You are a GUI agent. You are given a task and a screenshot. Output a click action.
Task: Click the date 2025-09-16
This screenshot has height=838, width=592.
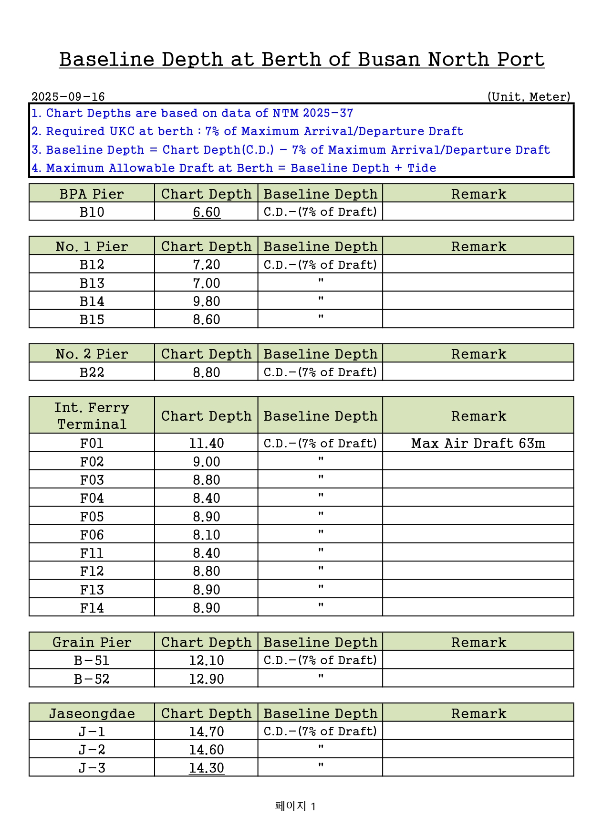[68, 97]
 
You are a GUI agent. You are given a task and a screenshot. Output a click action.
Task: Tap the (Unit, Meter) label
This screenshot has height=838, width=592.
[529, 97]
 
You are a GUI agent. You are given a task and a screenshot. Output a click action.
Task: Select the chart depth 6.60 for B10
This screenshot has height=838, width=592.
[207, 212]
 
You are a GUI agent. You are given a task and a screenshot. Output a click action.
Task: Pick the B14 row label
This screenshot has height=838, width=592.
[92, 301]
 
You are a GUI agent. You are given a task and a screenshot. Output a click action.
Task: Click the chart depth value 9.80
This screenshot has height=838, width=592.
[207, 301]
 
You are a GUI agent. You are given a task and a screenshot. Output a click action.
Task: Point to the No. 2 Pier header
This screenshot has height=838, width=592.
[92, 354]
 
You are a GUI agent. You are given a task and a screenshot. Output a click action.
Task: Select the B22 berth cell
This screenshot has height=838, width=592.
[92, 372]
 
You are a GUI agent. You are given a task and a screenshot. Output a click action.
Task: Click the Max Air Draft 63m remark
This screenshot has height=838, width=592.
[478, 443]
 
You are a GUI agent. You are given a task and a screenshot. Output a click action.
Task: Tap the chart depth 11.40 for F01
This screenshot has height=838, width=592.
[207, 443]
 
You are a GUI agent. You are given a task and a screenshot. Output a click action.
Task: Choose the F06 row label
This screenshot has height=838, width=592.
[92, 535]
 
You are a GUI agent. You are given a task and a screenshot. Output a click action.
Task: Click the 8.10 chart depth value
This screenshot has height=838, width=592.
[207, 535]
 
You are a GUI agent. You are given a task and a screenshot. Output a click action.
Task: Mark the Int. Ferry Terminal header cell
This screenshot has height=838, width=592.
[92, 415]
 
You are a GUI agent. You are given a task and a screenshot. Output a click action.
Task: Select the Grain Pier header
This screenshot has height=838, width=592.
[92, 642]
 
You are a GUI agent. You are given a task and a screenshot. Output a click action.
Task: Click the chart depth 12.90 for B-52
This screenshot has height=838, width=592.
[207, 679]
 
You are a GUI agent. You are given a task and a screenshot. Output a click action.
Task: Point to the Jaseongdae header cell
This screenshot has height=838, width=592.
[92, 713]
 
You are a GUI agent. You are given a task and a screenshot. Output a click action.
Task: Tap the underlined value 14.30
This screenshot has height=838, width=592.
[207, 768]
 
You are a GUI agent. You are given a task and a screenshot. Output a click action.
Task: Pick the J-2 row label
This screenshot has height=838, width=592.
[92, 750]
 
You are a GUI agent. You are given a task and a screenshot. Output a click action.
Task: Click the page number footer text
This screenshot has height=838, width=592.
[296, 806]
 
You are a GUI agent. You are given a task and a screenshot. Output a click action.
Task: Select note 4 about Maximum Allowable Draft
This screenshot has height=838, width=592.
[234, 168]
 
